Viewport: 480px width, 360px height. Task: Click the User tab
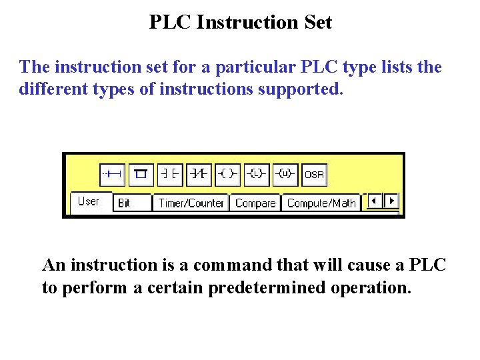(x=88, y=201)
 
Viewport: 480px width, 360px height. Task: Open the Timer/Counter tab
(x=191, y=203)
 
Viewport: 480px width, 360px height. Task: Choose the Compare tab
(x=255, y=203)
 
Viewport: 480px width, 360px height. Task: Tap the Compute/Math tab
(x=321, y=203)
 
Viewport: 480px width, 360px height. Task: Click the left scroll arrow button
(x=375, y=200)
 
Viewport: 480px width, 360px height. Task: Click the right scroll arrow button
(x=391, y=200)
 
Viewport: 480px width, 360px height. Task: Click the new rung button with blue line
(x=112, y=174)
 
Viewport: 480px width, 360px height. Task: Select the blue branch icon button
(x=141, y=174)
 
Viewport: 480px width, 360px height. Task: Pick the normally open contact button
(x=170, y=174)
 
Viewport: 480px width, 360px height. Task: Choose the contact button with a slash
(x=199, y=174)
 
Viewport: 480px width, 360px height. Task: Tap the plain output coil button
(x=227, y=174)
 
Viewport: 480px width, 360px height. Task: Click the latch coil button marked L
(x=256, y=174)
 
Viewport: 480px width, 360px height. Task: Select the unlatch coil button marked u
(x=285, y=174)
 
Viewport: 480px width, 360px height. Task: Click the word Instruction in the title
(x=240, y=22)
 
